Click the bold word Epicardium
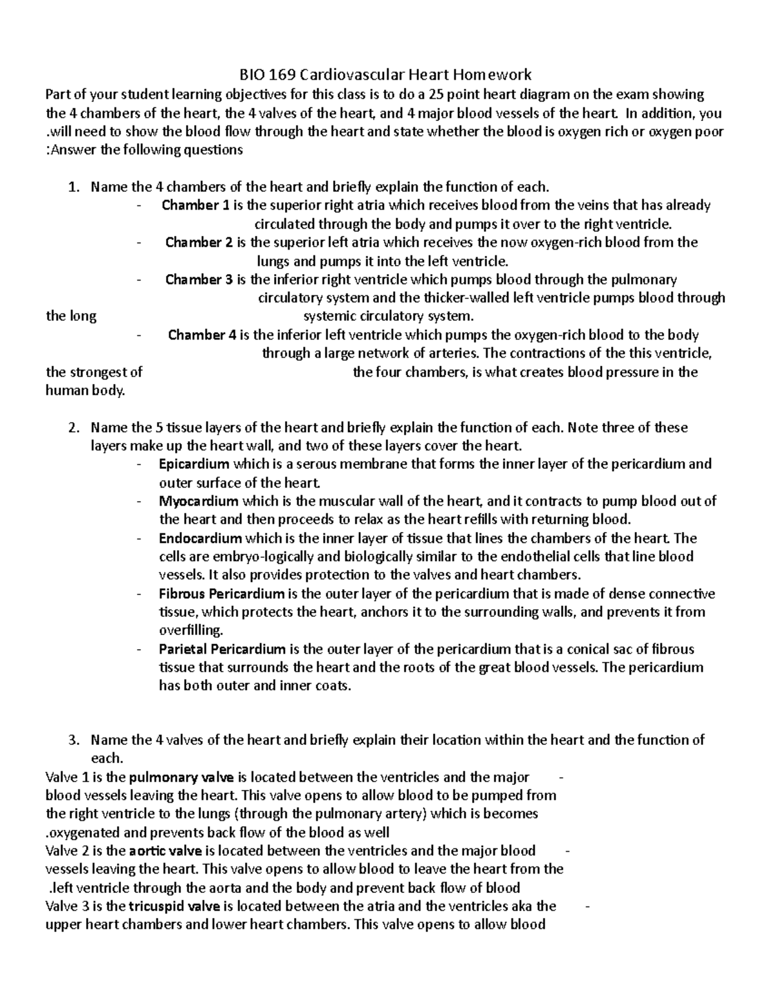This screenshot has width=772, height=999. tap(194, 464)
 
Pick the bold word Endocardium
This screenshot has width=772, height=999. tap(200, 538)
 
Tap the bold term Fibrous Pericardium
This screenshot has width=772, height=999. tap(221, 594)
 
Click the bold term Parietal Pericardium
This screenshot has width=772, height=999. tap(222, 649)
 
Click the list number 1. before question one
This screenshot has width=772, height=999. tap(73, 187)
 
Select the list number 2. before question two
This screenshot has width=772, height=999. tap(73, 428)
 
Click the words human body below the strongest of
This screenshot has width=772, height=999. tap(85, 390)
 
